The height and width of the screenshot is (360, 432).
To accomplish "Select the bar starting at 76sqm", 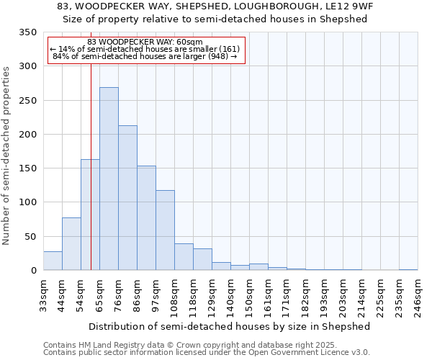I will (x=127, y=198).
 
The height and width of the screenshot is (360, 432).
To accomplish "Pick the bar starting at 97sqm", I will (x=165, y=230).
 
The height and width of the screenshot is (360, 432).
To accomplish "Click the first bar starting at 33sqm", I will (x=53, y=261).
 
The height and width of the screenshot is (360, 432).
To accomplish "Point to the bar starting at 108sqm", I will (x=184, y=257).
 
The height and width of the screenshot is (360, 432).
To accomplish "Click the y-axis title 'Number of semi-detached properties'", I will (x=7, y=155).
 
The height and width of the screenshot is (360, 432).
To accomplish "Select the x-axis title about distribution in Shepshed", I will (x=230, y=326).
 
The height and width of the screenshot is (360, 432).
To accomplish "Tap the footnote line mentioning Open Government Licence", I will (x=207, y=353).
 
